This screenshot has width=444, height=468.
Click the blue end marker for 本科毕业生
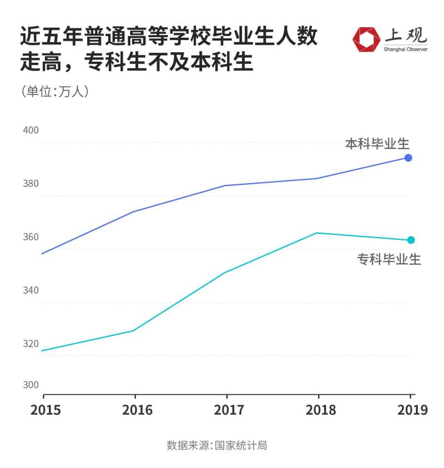408,158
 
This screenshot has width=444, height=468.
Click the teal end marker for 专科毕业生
411,240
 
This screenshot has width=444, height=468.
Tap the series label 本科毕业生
377,144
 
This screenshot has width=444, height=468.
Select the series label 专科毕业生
389,259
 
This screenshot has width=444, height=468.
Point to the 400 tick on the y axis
31,130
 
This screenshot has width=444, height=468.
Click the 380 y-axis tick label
31,184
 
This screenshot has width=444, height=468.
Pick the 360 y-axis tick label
31,237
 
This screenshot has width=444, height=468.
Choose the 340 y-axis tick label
31,290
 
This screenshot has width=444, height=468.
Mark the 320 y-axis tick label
31,344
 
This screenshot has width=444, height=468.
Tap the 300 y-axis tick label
31,385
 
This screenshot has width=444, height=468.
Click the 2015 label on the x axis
46,410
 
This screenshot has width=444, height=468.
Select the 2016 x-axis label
137,410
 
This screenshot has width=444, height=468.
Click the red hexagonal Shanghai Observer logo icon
366,39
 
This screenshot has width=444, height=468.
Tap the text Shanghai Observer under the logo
405,49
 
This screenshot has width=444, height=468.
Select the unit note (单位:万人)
54,92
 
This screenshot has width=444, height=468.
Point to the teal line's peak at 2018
316,233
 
